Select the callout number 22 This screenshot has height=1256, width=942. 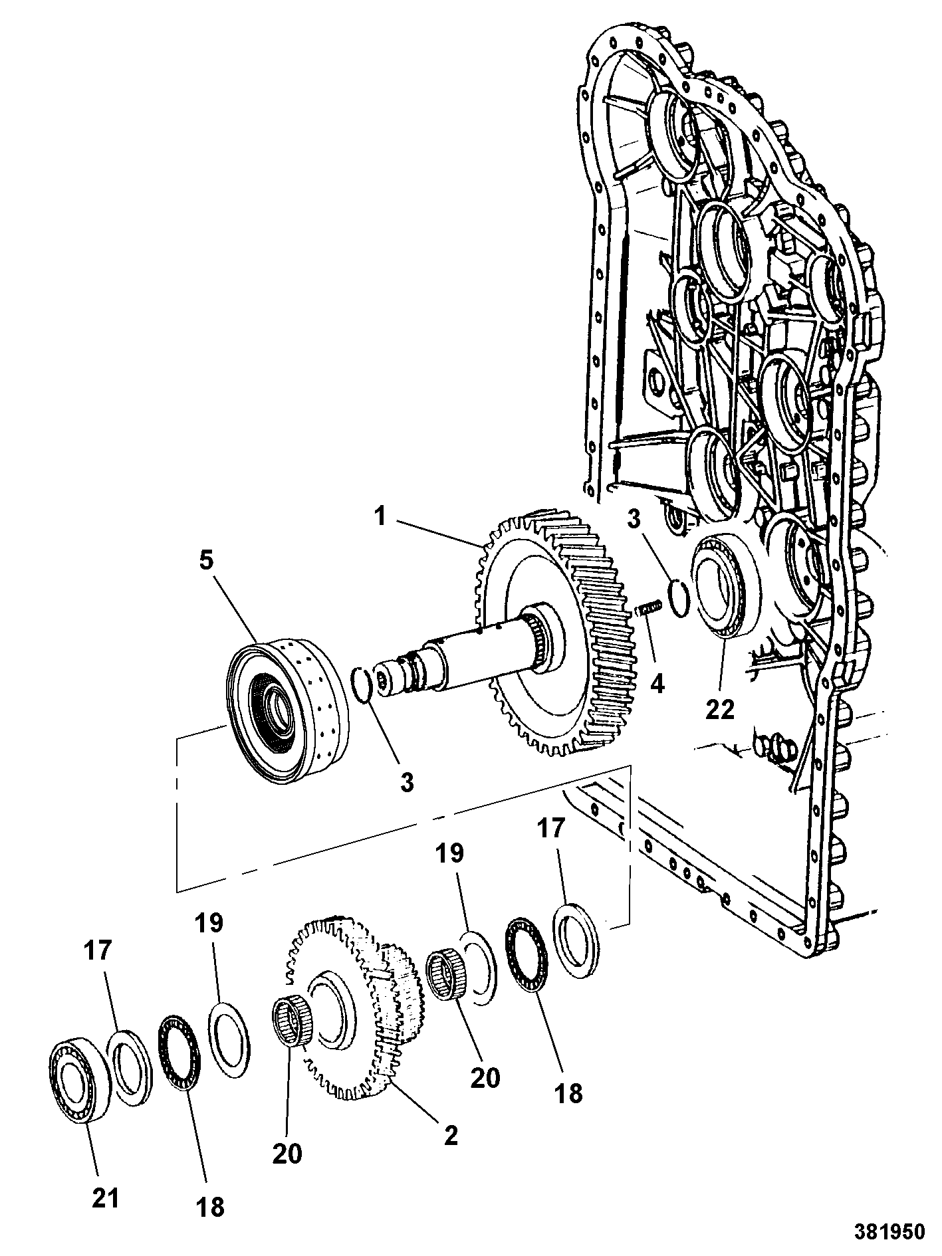(x=720, y=709)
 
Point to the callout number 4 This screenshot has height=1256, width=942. (x=657, y=682)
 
